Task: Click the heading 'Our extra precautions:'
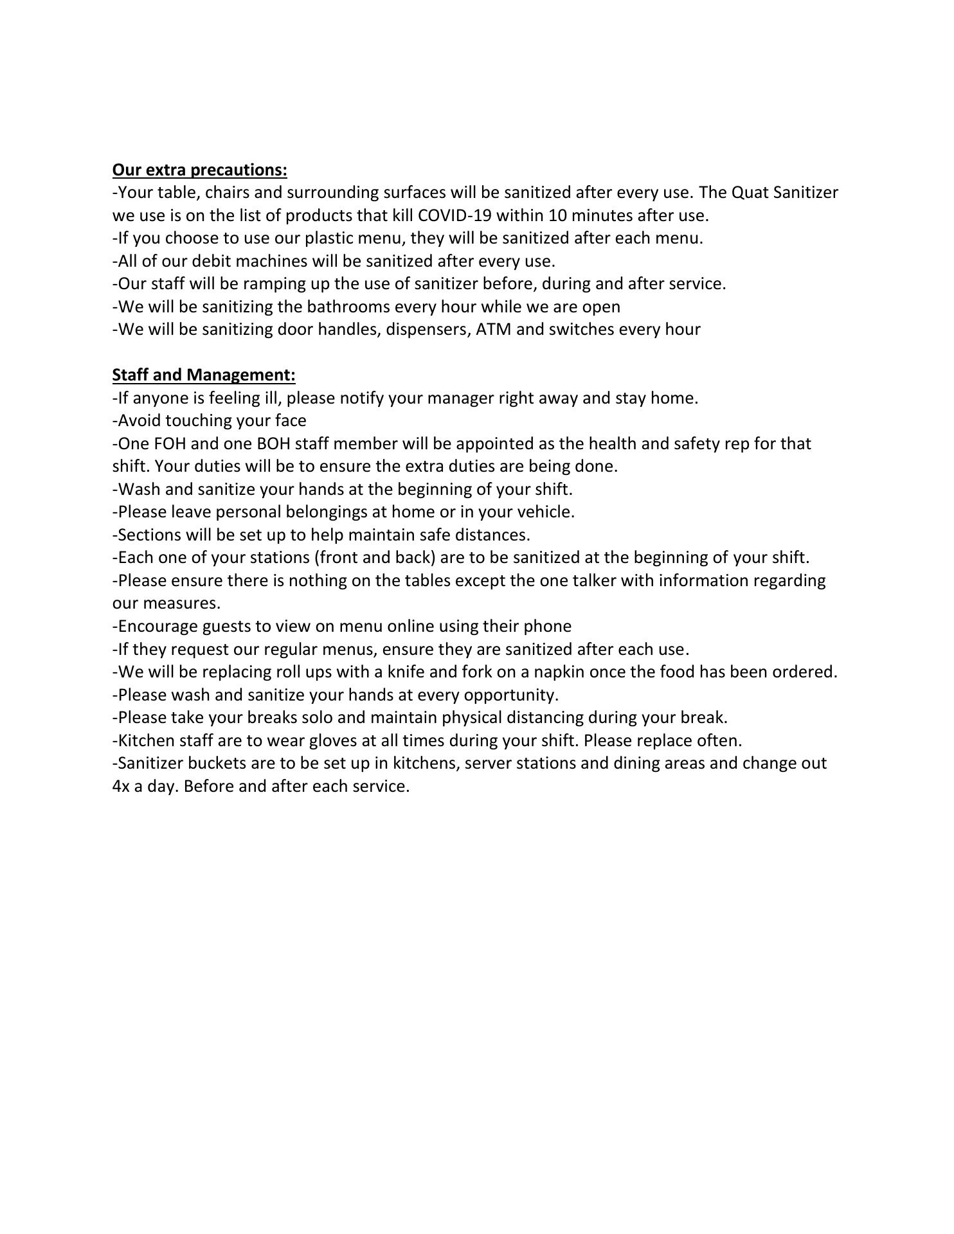point(199,170)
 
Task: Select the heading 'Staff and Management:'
point(204,375)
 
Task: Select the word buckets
point(219,764)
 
